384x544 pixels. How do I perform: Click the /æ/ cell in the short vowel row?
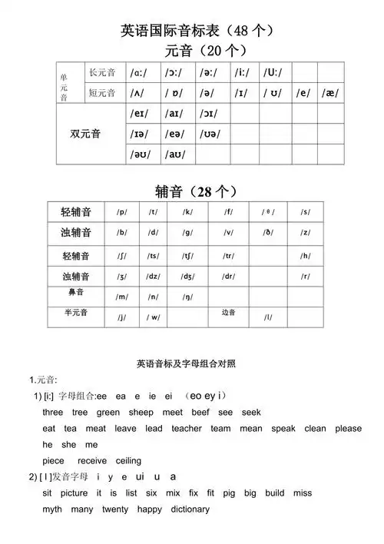[x=330, y=93]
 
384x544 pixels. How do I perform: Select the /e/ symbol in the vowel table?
[x=302, y=93]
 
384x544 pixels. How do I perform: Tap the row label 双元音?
[x=85, y=134]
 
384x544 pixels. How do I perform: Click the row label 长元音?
[x=101, y=73]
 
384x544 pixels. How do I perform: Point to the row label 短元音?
[x=101, y=93]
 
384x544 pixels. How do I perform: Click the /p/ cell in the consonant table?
[x=122, y=212]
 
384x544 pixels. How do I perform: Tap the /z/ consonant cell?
[x=306, y=232]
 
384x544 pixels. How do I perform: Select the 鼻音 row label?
[x=76, y=293]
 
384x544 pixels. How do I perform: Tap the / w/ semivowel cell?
[x=153, y=317]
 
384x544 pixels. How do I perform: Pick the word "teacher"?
[x=187, y=428]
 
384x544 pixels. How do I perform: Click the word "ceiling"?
[x=129, y=460]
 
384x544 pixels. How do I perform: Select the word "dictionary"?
[x=190, y=509]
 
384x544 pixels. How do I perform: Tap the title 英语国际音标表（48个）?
[x=197, y=31]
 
